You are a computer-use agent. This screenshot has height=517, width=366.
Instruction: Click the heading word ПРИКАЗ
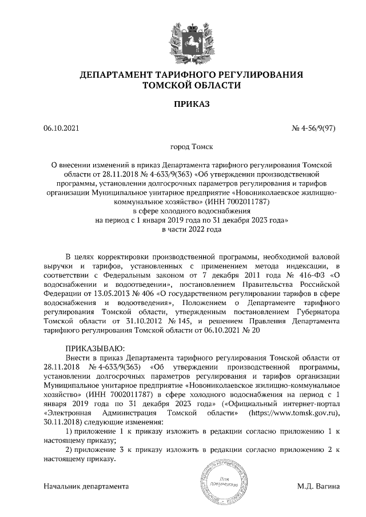coord(191,105)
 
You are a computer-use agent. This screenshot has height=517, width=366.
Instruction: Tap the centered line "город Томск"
coord(191,147)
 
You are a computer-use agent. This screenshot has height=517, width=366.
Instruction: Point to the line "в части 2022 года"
coord(191,229)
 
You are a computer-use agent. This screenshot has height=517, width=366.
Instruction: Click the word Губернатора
coord(316,312)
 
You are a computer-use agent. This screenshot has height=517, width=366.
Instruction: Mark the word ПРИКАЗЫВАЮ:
coord(94,350)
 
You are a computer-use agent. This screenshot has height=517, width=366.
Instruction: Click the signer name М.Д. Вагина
coord(318,487)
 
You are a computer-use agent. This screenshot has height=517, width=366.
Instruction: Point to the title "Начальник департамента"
coord(86,487)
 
